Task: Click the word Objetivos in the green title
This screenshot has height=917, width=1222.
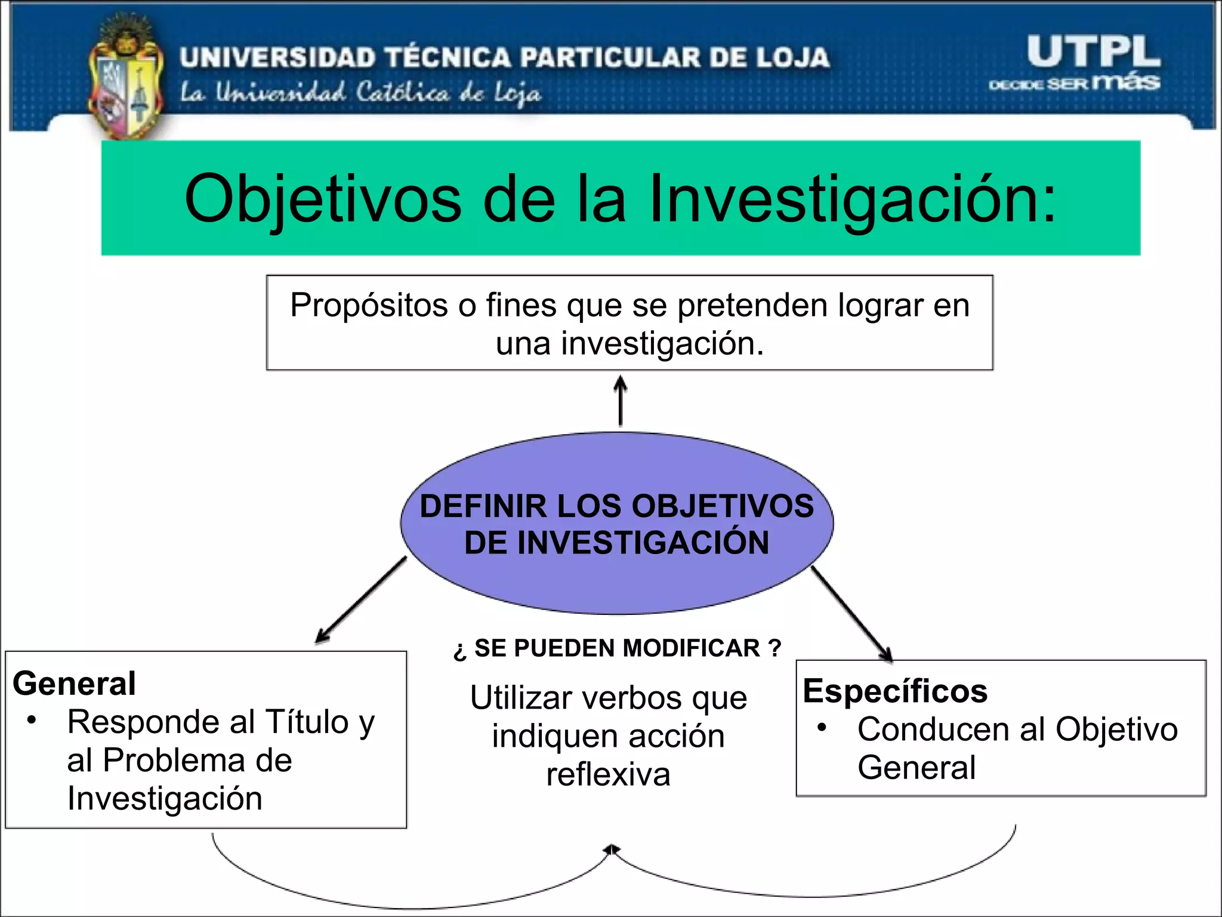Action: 323,199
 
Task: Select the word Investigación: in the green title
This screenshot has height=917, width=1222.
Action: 853,199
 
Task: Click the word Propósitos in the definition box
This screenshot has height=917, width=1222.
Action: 369,305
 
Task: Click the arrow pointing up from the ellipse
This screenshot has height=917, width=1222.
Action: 621,401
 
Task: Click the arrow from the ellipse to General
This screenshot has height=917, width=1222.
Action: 361,600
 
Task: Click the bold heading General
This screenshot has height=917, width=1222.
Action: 75,684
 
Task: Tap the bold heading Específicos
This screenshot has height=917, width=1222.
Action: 895,691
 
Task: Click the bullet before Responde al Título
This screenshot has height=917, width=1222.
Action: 32,719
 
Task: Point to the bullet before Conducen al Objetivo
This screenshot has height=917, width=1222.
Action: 822,727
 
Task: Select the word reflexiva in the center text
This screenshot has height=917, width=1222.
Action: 608,775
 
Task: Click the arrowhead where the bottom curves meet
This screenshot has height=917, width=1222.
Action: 611,849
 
